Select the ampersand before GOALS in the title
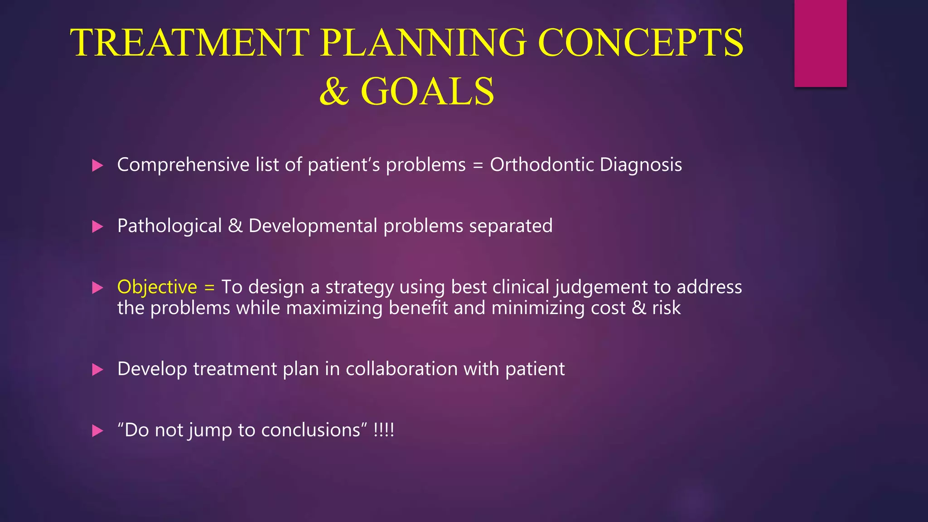click(x=334, y=92)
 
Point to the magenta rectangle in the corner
click(x=820, y=43)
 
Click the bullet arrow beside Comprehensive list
click(x=97, y=165)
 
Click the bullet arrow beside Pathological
click(x=97, y=227)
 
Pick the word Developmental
click(x=313, y=226)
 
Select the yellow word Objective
click(x=157, y=287)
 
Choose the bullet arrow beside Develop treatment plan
click(x=97, y=370)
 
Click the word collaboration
click(x=401, y=369)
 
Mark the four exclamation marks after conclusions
click(x=384, y=430)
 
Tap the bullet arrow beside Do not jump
click(x=97, y=431)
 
